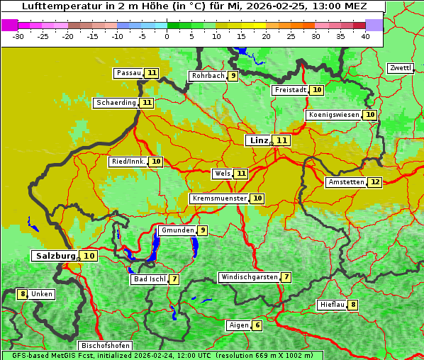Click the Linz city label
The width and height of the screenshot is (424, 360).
259,140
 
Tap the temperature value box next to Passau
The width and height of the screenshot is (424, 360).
152,73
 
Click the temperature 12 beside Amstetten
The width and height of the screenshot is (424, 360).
375,182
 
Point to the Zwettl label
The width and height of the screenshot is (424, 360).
400,68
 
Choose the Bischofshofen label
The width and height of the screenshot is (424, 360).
105,346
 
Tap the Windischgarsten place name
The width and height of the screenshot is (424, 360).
249,277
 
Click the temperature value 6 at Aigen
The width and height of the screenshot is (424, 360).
257,325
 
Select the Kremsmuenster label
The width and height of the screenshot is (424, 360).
219,198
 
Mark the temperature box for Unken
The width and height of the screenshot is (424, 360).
23,294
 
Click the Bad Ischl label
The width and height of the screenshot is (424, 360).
149,279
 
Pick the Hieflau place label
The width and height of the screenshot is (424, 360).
332,305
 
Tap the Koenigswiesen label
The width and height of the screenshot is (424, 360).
334,115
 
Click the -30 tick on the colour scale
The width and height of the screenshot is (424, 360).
18,35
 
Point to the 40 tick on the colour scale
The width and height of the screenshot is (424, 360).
365,35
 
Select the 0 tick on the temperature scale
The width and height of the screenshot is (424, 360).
167,35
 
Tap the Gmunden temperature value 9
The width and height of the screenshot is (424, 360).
203,230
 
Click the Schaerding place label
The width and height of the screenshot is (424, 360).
116,103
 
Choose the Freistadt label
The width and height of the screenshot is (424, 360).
291,90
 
